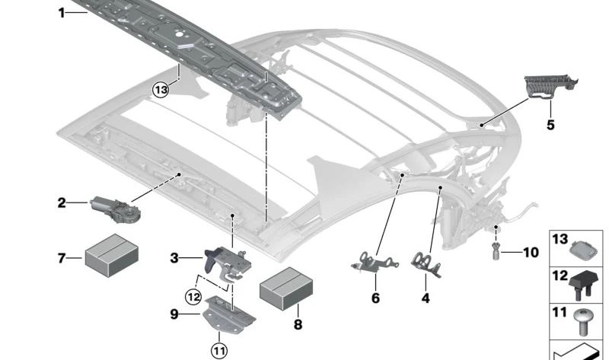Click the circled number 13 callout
click(161, 90)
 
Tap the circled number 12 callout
click(193, 297)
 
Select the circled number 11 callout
click(219, 352)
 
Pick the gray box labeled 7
click(112, 255)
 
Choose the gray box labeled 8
click(286, 288)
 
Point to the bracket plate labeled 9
click(229, 314)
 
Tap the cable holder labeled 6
click(375, 262)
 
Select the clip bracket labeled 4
click(426, 264)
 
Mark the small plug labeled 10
click(496, 251)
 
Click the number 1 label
click(62, 13)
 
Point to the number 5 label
click(550, 125)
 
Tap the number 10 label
click(531, 253)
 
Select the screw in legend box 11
click(583, 322)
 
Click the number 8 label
click(298, 324)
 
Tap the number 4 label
click(426, 298)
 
